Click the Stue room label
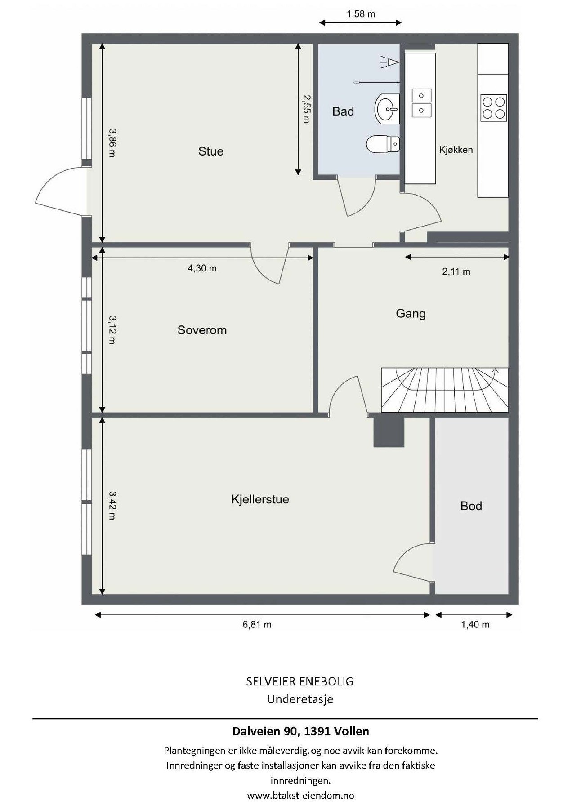pyautogui.click(x=210, y=151)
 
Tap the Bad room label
pyautogui.click(x=343, y=111)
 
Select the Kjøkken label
pyautogui.click(x=456, y=150)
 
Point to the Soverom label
pyautogui.click(x=202, y=330)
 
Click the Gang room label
pyautogui.click(x=411, y=314)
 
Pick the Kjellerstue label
pyautogui.click(x=260, y=499)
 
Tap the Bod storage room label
pyautogui.click(x=471, y=506)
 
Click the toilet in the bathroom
pyautogui.click(x=383, y=144)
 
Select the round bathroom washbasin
pyautogui.click(x=387, y=108)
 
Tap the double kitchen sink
pyautogui.click(x=422, y=102)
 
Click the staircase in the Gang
pyautogui.click(x=445, y=389)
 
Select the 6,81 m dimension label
pyautogui.click(x=257, y=624)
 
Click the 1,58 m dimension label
pyautogui.click(x=361, y=14)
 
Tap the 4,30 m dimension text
pyautogui.click(x=202, y=268)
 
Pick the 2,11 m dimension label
pyautogui.click(x=456, y=271)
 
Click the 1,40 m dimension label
pyautogui.click(x=475, y=624)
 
